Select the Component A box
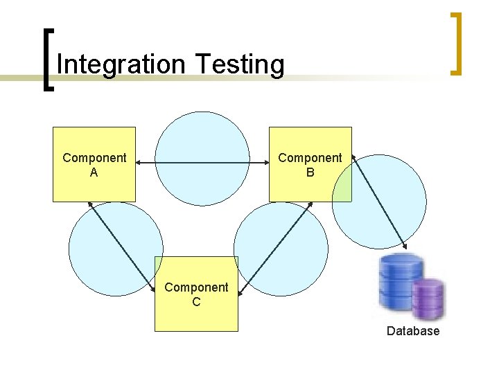coord(94,164)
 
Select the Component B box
coord(310,164)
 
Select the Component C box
coord(196,294)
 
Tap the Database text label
coord(413,331)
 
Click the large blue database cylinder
coord(398,280)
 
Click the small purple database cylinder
coord(428,299)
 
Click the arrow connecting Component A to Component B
coord(202,163)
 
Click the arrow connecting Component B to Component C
coord(277,249)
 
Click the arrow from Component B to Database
coord(380,202)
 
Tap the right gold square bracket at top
coord(456,43)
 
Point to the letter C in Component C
coord(196,301)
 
